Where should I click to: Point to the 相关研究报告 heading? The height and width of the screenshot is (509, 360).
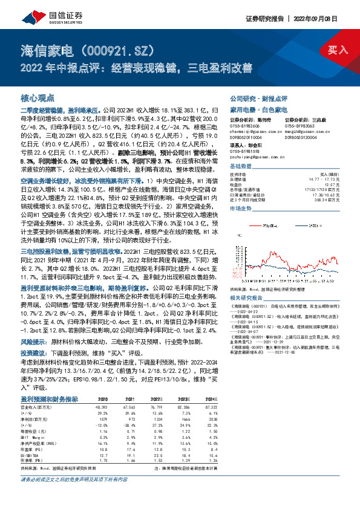point(248,298)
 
